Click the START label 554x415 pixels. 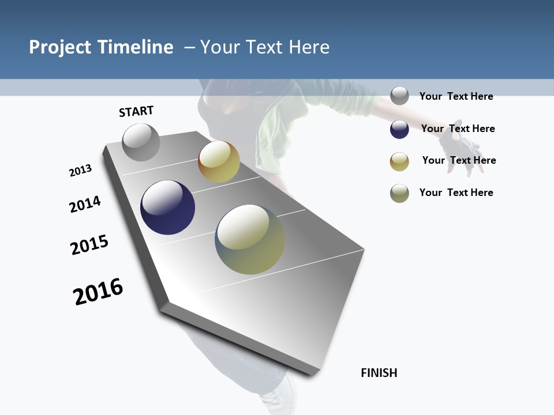coord(136,111)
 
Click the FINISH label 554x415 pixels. coord(379,373)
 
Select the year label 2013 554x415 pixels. coord(80,171)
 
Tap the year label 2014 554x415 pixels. coord(85,204)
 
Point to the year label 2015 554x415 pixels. coord(89,245)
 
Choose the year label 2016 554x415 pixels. coord(98,292)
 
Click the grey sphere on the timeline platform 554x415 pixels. coord(141,142)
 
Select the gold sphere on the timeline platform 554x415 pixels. coord(219,161)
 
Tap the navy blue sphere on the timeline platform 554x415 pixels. coord(168,207)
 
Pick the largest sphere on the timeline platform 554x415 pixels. coord(250,239)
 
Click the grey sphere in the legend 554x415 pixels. coord(399,96)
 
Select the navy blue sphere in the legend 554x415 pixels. coord(399,129)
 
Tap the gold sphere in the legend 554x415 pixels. coord(399,161)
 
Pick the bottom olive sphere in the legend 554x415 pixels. coord(399,193)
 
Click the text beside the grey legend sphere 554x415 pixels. coord(456,96)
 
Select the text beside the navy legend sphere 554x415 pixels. coord(458,129)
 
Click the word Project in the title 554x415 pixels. coord(61,47)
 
